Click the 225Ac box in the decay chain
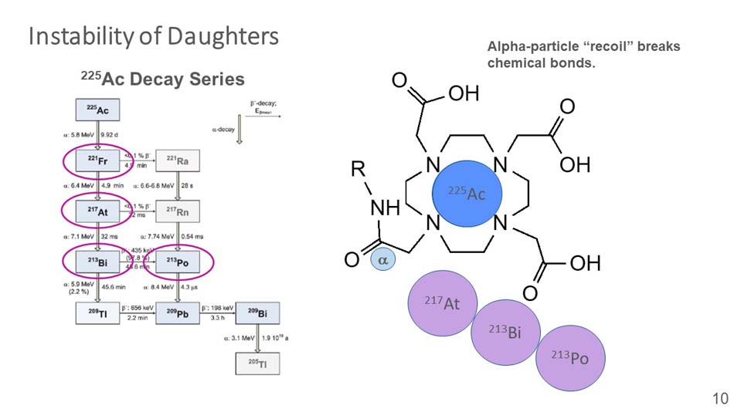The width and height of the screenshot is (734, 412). (97, 111)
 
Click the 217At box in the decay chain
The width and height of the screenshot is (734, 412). (97, 210)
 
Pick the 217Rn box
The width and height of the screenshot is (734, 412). (177, 210)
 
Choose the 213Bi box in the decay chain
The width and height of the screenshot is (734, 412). (97, 263)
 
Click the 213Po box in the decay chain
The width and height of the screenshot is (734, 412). (177, 263)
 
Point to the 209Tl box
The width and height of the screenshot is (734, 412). (97, 312)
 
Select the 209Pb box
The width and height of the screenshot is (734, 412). (177, 312)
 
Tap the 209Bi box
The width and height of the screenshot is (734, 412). (257, 312)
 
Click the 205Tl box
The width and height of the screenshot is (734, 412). (257, 363)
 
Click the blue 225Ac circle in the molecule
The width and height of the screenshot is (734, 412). (467, 193)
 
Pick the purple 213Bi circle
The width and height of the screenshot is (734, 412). (504, 332)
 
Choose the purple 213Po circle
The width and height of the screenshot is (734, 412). (569, 357)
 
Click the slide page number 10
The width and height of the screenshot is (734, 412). (719, 398)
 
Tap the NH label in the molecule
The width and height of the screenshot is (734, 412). (385, 208)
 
